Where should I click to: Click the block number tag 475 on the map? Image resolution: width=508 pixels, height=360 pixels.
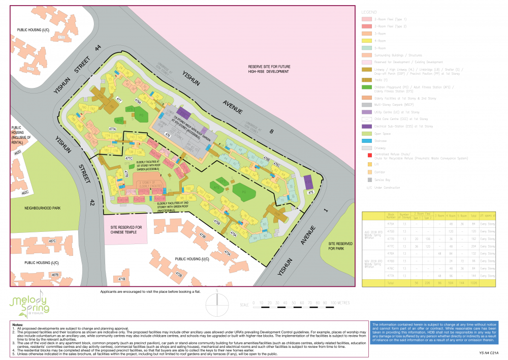coord(311,193)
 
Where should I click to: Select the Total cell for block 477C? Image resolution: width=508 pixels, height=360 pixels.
coord(474,246)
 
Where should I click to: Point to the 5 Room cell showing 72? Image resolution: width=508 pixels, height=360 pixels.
coord(463,260)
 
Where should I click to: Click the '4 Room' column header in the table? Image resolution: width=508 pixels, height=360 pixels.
coord(451,216)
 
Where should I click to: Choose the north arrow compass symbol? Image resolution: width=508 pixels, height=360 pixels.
coord(217,304)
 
